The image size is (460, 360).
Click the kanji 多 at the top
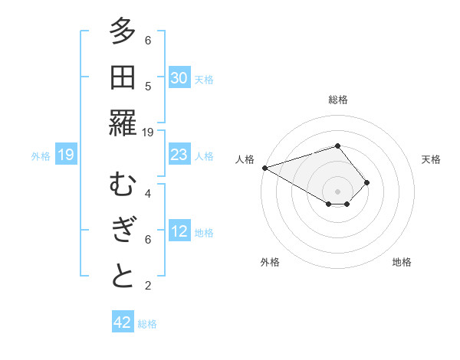(x=123, y=32)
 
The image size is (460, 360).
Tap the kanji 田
(x=123, y=77)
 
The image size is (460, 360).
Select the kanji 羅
(x=123, y=123)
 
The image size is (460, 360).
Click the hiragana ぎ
(x=123, y=231)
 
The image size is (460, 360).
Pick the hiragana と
(x=123, y=277)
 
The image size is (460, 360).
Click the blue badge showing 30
(x=179, y=78)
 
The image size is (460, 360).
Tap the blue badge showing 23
(x=179, y=155)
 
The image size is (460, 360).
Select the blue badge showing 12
(x=179, y=231)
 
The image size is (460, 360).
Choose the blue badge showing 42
(x=123, y=322)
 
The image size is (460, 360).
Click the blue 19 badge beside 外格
(x=65, y=155)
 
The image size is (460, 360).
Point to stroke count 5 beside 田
(x=148, y=86)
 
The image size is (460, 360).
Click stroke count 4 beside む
(x=148, y=194)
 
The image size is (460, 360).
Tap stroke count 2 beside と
(x=148, y=286)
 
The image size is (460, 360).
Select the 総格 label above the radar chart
(x=337, y=100)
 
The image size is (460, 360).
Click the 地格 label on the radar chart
(x=402, y=262)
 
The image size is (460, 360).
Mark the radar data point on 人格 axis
(x=264, y=167)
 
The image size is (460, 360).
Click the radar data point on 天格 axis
(x=368, y=182)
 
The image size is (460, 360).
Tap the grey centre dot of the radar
(x=337, y=191)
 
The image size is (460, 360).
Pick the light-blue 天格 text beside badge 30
(x=204, y=79)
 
